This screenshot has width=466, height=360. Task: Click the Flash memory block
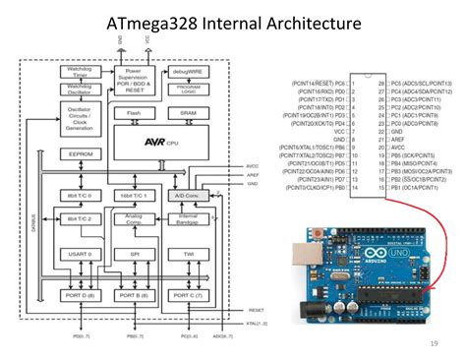134,113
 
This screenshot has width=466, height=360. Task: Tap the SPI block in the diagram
135,254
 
